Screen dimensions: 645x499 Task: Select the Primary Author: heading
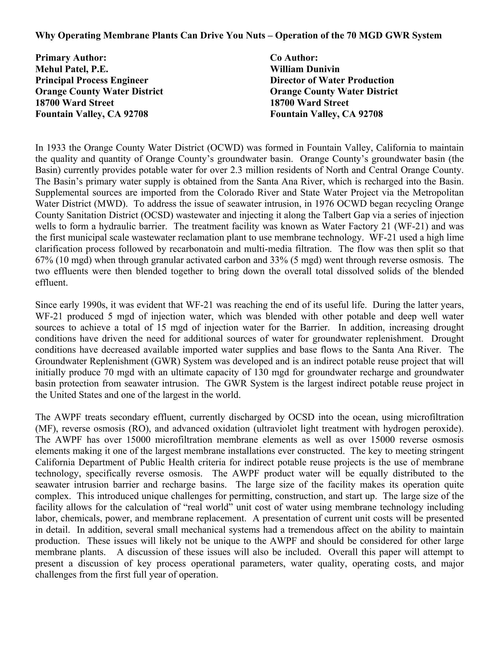pos(71,57)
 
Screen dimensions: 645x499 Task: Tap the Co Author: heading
pos(294,57)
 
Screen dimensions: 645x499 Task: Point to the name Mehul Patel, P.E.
pos(72,69)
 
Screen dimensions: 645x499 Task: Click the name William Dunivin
pos(305,69)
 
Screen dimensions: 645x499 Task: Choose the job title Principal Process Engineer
pos(92,80)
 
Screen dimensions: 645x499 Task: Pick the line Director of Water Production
pos(332,80)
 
